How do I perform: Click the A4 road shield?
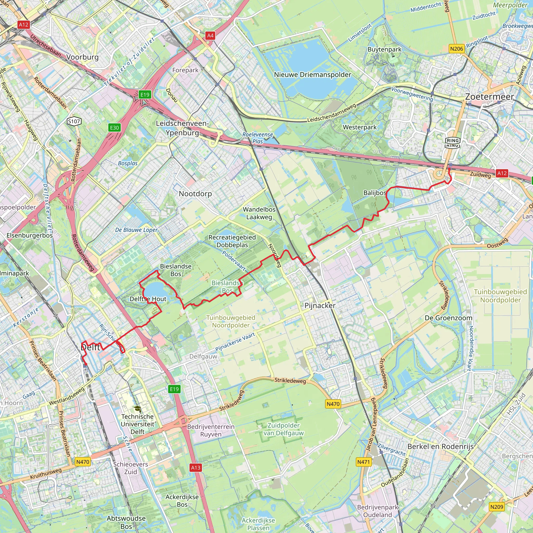tap(210, 35)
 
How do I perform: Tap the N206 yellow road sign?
tap(456, 49)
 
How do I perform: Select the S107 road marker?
tap(74, 121)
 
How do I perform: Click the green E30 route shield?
tap(115, 128)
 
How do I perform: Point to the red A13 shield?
tap(196, 467)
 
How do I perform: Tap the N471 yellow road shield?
tap(363, 462)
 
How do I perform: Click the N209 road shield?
tap(497, 507)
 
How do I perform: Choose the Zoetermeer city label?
tap(490, 97)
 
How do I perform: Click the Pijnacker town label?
tap(320, 305)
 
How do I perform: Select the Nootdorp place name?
tap(195, 194)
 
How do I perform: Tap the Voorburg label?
tap(83, 57)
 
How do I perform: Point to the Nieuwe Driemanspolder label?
tap(312, 75)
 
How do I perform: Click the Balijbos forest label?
tap(375, 193)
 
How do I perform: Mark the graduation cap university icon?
tap(137, 409)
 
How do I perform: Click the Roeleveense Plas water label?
tap(258, 138)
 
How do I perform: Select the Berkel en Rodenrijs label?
tap(440, 446)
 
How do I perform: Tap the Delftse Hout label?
tap(148, 299)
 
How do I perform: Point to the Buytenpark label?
tap(385, 49)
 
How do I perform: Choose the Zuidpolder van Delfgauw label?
tap(283, 429)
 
